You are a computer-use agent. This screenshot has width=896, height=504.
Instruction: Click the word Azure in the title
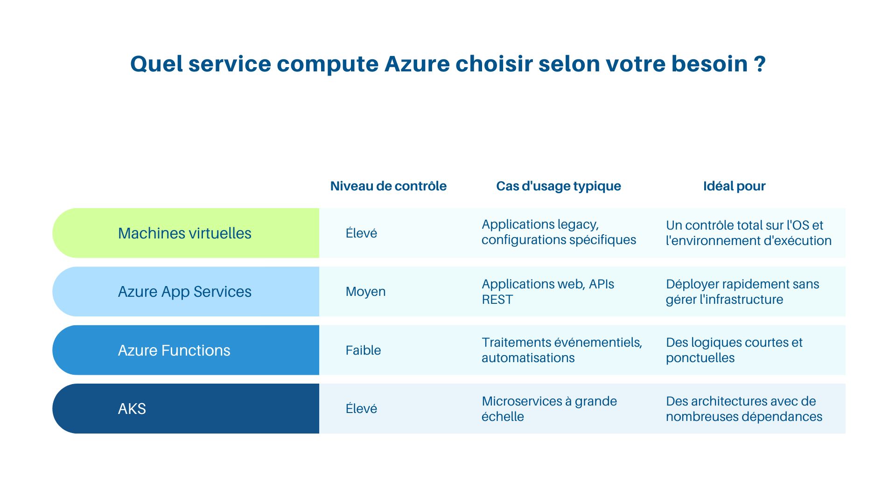point(417,64)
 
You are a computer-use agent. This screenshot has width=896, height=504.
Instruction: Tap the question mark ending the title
point(760,64)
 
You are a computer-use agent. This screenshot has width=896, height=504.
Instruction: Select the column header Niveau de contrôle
point(388,186)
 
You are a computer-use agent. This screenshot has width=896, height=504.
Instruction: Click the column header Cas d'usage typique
point(558,186)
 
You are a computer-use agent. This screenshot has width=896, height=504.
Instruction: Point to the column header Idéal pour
point(734,186)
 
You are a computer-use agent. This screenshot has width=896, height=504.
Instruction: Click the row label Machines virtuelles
point(184,233)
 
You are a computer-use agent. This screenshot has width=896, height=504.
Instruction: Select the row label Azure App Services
point(184,292)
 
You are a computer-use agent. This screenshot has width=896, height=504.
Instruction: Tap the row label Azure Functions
point(174,350)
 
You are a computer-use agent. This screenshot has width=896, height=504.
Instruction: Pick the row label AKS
point(132,409)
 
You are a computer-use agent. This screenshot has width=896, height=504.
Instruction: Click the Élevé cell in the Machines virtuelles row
point(361,233)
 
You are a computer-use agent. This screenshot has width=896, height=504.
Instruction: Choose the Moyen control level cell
point(365,292)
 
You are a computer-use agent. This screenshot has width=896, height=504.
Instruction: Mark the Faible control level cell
point(363,350)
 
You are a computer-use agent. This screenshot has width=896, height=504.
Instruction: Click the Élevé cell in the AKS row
point(361,409)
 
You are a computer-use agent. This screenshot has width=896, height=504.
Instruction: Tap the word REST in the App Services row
point(497,300)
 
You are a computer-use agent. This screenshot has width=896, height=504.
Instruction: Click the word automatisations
point(528,358)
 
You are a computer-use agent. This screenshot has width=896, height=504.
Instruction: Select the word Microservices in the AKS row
point(522,401)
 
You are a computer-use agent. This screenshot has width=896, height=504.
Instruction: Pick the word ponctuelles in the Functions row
point(700,358)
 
